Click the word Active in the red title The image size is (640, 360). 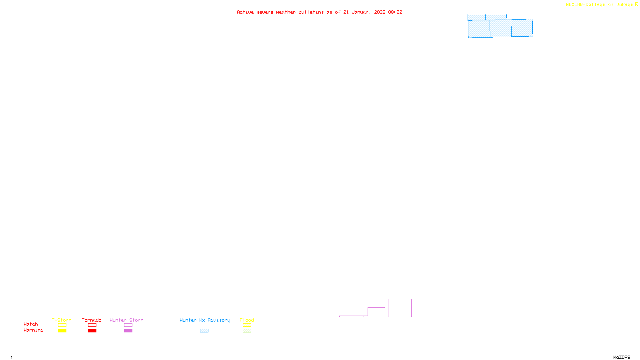(x=245, y=12)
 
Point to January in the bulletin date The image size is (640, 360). (x=361, y=12)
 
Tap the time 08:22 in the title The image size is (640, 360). (x=395, y=12)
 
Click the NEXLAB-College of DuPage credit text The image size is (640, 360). (x=599, y=4)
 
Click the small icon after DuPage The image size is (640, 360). (x=636, y=4)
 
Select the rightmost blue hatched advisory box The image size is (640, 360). (x=522, y=28)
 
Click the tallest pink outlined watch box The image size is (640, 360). (x=400, y=308)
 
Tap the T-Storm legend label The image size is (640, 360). (x=62, y=320)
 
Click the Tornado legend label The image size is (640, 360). (x=92, y=320)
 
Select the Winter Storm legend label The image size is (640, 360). (x=126, y=320)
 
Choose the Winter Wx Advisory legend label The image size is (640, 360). (x=205, y=320)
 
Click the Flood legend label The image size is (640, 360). (x=247, y=320)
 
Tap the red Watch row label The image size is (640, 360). (x=31, y=324)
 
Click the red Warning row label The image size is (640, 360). (x=33, y=330)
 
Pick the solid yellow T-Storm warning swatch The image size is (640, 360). (x=62, y=331)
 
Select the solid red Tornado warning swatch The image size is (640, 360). (x=92, y=331)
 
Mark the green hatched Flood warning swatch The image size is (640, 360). (x=247, y=331)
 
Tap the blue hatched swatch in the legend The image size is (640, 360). (x=204, y=331)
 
